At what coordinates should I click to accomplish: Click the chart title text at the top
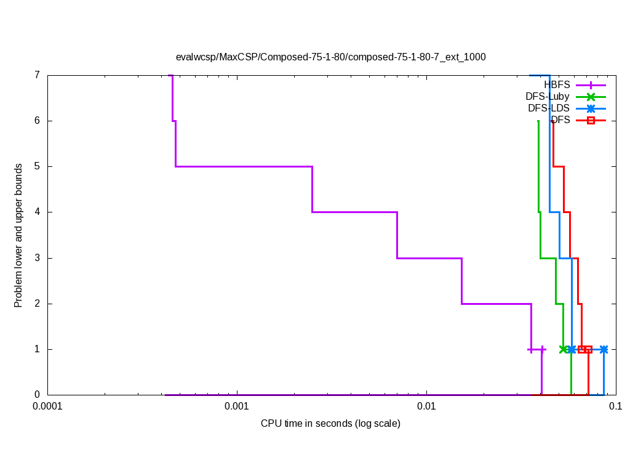[330, 57]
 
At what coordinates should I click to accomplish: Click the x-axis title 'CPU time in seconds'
[330, 423]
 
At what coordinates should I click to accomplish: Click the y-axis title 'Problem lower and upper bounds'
[18, 235]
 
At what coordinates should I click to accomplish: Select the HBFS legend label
[557, 85]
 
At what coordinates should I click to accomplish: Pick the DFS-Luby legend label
[548, 97]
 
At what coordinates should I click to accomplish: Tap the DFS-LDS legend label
[549, 108]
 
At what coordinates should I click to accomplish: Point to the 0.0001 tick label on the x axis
[47, 406]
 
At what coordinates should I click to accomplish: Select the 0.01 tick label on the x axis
[426, 406]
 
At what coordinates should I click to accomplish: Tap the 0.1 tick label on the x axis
[615, 406]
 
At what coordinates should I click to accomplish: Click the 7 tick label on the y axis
[37, 75]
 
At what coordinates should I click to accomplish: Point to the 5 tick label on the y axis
[37, 166]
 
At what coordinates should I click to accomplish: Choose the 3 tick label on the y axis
[37, 258]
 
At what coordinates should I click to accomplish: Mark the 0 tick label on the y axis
[37, 395]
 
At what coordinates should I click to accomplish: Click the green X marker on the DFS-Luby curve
[564, 349]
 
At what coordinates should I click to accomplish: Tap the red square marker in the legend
[591, 120]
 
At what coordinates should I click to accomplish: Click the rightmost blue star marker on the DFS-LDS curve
[604, 349]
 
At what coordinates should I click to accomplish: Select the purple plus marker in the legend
[591, 85]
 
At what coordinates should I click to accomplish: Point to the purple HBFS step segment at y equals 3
[429, 258]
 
